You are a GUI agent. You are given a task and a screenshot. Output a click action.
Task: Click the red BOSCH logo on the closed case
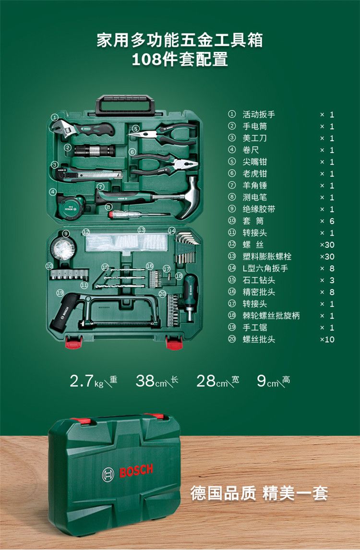coord(136,471)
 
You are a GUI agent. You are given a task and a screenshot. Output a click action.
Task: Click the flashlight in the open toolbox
coord(95,151)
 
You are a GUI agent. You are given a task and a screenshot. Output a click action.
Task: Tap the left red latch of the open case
coord(73,342)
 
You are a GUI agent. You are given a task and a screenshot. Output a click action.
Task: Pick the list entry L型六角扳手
coord(265,268)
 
